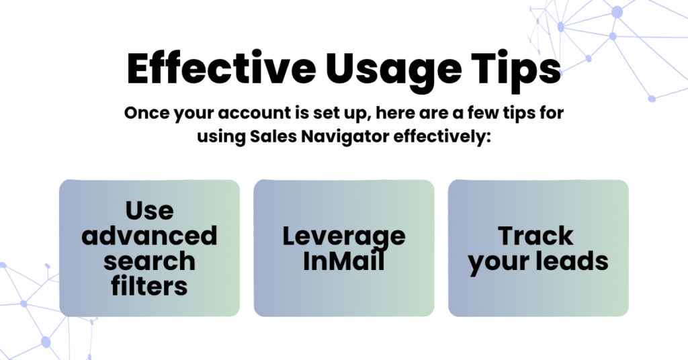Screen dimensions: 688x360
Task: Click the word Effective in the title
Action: point(221,69)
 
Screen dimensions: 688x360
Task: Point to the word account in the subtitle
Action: point(254,113)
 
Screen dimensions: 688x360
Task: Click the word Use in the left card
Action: point(150,210)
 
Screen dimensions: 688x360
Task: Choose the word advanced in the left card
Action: point(150,236)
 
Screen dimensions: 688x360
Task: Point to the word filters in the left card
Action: point(150,286)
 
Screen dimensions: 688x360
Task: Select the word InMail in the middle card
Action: point(344,261)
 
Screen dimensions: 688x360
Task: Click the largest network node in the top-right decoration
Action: point(617,12)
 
